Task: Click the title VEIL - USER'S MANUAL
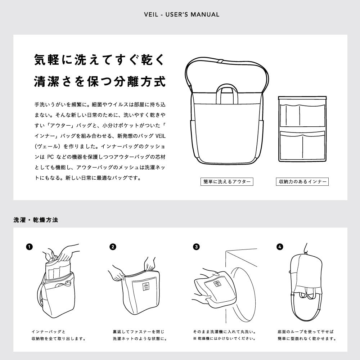[x=181, y=15]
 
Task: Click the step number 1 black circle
[x=30, y=247]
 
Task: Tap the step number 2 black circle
[x=113, y=247]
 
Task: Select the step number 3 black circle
[x=196, y=247]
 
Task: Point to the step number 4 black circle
[x=280, y=247]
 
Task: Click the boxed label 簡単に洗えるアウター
[x=227, y=181]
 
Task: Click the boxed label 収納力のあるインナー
[x=302, y=181]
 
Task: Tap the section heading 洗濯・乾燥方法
[x=36, y=220]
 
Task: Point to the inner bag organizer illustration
[x=302, y=129]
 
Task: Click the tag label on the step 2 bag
[x=146, y=287]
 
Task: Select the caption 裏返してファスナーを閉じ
[x=139, y=332]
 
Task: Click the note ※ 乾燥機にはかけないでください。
[x=224, y=339]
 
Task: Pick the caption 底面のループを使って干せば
[x=306, y=332]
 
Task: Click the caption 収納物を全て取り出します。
[x=59, y=339]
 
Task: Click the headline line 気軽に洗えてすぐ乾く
[x=100, y=60]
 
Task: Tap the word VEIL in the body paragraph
[x=161, y=136]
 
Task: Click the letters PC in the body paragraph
[x=50, y=157]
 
